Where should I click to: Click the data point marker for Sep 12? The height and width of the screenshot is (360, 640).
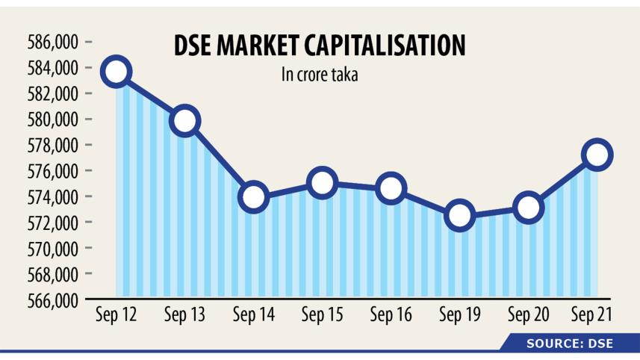[116, 72]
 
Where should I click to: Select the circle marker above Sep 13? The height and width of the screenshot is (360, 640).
[184, 120]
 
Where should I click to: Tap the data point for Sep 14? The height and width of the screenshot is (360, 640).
[253, 196]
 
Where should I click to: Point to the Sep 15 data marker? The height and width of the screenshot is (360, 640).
[322, 182]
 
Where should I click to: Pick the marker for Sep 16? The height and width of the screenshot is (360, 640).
[391, 188]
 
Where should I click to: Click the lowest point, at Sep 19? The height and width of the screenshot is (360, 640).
[459, 215]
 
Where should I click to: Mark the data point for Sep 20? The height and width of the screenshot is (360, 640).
[528, 207]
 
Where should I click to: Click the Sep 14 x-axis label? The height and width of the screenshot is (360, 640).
[253, 316]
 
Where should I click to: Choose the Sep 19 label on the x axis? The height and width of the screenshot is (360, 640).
[459, 316]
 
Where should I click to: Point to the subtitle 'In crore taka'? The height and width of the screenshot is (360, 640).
[319, 75]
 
